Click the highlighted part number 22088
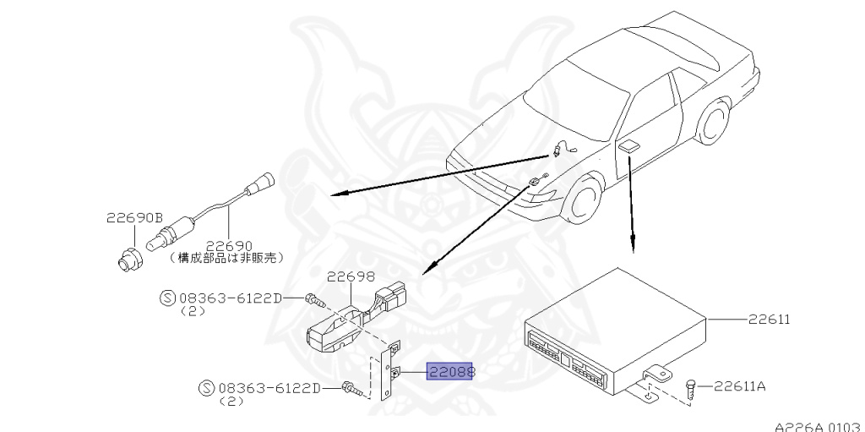point(450,372)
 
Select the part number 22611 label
point(768,320)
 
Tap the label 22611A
point(739,386)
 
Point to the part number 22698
point(351,276)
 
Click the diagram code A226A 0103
point(818,426)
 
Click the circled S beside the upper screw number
point(166,298)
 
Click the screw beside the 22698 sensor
point(313,298)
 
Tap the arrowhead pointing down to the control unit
point(633,247)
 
